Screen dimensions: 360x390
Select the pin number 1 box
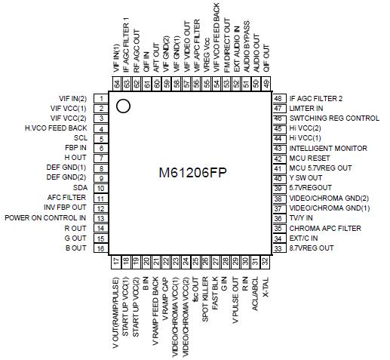point(100,99)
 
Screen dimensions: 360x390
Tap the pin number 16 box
point(100,248)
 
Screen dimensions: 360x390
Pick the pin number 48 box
point(279,99)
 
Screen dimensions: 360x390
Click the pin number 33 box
point(279,248)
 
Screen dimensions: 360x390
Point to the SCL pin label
point(80,138)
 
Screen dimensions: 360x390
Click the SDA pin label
point(79,188)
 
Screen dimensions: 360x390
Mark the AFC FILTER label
point(69,198)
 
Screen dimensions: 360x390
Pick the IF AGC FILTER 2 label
point(315,99)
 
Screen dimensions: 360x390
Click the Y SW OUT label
point(306,178)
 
